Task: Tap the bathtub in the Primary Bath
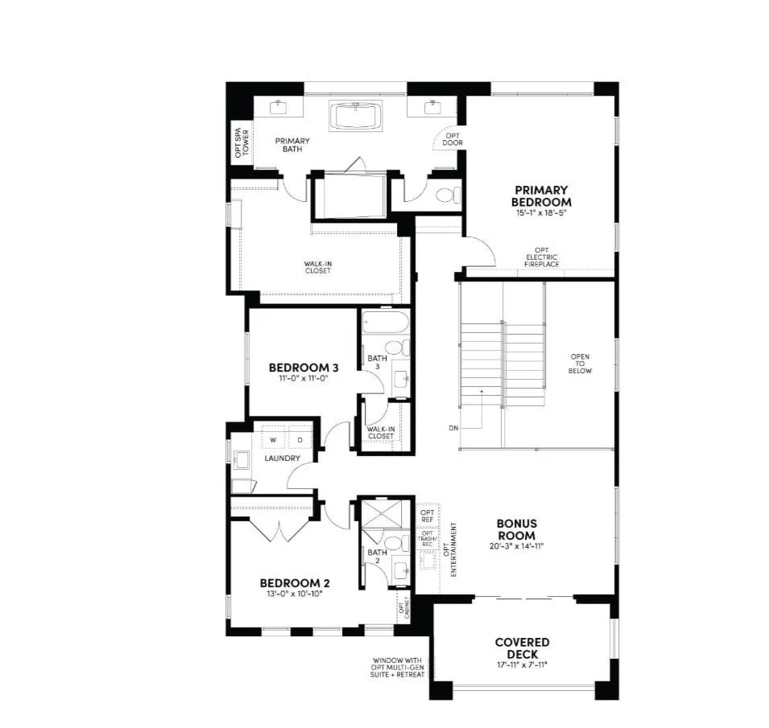[x=356, y=117]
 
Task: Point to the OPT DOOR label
[x=453, y=139]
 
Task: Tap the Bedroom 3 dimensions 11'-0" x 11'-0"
[x=303, y=378]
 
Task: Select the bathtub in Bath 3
[x=384, y=325]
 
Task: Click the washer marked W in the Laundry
[x=273, y=439]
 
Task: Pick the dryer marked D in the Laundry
[x=299, y=439]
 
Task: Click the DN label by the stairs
[x=454, y=428]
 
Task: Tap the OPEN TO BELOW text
[x=581, y=364]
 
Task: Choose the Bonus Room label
[x=516, y=529]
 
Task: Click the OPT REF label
[x=427, y=516]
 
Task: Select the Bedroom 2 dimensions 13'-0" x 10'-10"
[x=294, y=594]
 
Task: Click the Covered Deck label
[x=522, y=648]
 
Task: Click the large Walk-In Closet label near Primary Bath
[x=317, y=266]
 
